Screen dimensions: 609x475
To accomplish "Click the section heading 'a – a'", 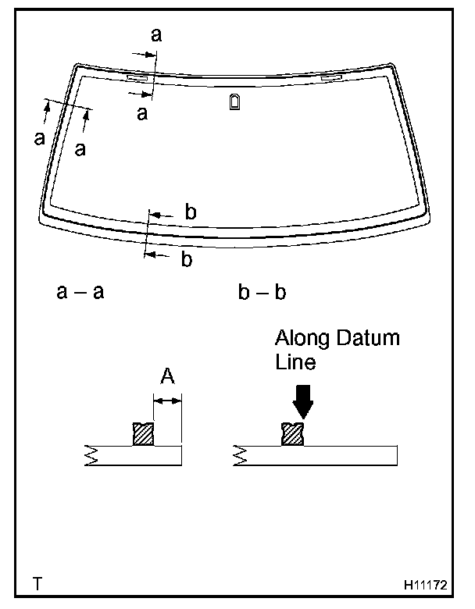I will pos(80,293).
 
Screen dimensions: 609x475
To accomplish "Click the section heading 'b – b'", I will pos(262,293).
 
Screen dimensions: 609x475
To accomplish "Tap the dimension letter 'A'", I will pos(167,377).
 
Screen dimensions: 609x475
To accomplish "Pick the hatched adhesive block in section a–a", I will pos(143,434).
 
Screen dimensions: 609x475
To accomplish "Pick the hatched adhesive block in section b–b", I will pos(292,434).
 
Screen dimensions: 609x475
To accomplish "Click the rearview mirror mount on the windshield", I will pos(235,101).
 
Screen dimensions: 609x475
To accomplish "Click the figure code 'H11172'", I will pos(425,582).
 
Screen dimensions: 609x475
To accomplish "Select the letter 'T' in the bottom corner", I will pos(37,582).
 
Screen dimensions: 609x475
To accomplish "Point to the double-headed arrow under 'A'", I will pos(167,401).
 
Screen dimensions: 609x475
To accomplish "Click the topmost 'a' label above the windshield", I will pos(156,34).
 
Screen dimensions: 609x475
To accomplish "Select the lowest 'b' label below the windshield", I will pos(186,260).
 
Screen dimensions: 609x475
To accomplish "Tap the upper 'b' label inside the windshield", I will pos(190,212).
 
